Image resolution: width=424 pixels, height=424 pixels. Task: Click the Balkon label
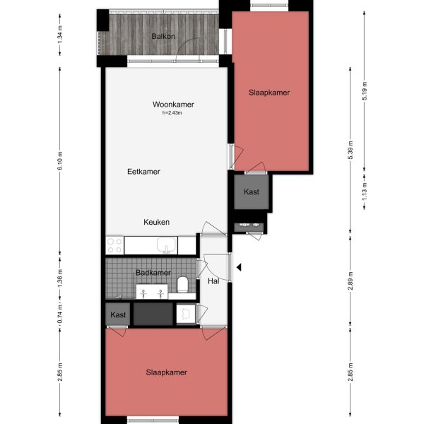click(163, 36)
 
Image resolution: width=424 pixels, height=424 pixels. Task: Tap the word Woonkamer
click(173, 105)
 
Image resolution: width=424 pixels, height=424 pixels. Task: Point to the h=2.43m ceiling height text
click(173, 113)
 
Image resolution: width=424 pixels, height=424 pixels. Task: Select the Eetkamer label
click(143, 172)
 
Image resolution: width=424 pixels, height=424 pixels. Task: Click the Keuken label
click(156, 222)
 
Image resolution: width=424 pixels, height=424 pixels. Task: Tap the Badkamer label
click(153, 273)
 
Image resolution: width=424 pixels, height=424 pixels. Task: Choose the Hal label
click(213, 281)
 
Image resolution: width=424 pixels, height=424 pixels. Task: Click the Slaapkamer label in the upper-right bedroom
click(269, 93)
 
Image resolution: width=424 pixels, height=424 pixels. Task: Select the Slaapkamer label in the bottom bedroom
click(167, 372)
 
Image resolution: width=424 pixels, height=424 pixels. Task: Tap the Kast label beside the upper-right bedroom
click(252, 192)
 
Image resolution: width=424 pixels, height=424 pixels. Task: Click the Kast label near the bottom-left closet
click(117, 314)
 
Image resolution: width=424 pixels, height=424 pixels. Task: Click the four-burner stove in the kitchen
click(114, 245)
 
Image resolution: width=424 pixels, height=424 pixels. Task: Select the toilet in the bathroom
click(183, 285)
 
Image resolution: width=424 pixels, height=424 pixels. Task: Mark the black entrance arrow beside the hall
click(240, 267)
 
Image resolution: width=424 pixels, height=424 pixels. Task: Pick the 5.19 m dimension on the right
click(365, 92)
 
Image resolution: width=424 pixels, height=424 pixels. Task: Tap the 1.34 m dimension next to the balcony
click(60, 33)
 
